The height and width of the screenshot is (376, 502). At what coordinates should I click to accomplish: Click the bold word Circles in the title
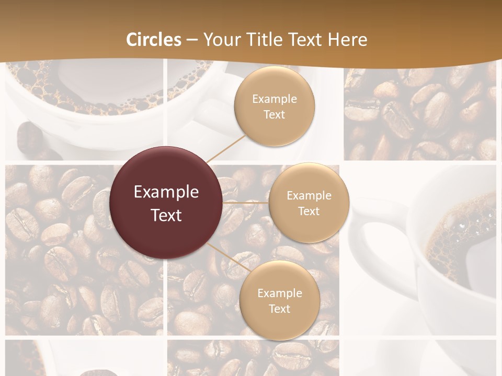[x=153, y=39]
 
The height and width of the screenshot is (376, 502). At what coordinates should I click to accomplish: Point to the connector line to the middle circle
[x=246, y=202]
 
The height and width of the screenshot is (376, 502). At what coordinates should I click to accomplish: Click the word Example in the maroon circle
[x=166, y=192]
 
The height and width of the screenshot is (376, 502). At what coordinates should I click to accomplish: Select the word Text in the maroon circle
[x=166, y=215]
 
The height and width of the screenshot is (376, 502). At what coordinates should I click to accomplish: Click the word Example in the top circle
[x=274, y=99]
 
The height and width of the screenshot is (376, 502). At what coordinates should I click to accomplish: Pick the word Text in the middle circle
[x=309, y=211]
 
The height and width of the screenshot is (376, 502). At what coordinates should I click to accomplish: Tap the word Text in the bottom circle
[x=279, y=309]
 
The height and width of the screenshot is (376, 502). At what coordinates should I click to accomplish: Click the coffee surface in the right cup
[x=460, y=240]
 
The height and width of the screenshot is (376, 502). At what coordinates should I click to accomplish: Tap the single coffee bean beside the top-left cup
[x=29, y=138]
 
